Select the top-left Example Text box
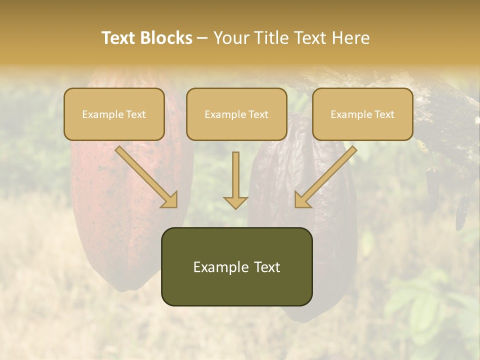tap(114, 114)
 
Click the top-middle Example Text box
tap(236, 114)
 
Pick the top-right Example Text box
tap(362, 114)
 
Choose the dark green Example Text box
tap(236, 266)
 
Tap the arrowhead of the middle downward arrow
tap(235, 202)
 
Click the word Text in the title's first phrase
tap(118, 38)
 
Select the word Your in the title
tap(229, 38)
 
